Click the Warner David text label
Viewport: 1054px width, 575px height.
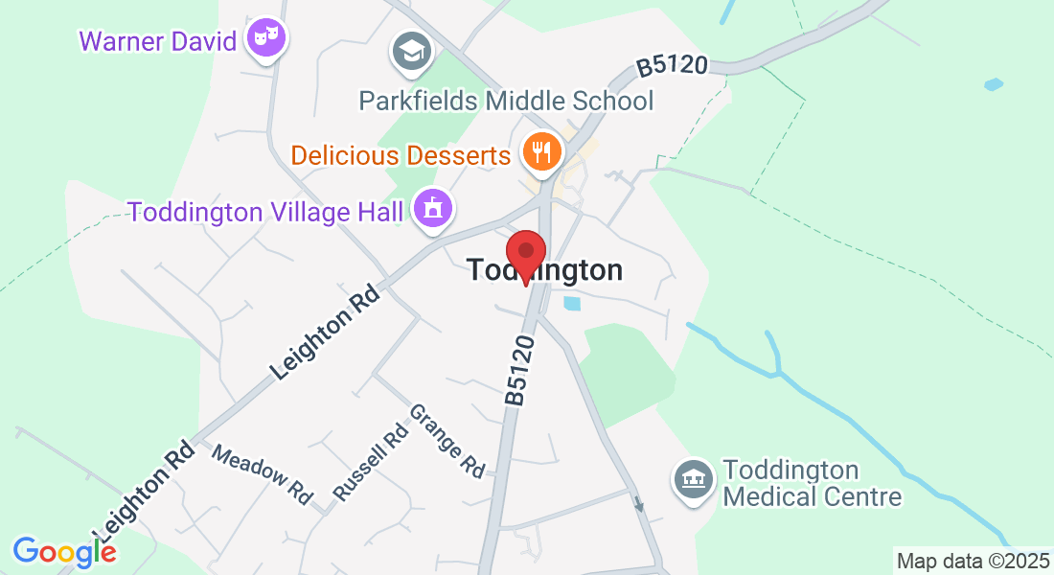(x=158, y=41)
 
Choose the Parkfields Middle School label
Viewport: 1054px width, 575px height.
(x=506, y=101)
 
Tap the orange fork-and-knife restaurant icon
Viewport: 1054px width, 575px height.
(x=541, y=151)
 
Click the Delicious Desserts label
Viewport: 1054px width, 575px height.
(x=401, y=154)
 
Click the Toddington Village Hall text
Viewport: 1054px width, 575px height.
(x=265, y=211)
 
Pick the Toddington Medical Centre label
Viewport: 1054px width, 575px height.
(x=812, y=483)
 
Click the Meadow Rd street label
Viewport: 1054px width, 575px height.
(x=263, y=474)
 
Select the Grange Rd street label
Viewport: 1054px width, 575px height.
(x=447, y=441)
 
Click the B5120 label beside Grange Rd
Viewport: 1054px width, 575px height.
(x=519, y=369)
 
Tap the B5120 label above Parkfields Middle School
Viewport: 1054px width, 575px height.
(x=673, y=66)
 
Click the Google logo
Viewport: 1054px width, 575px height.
(x=64, y=551)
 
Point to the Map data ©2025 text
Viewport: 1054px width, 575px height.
(x=973, y=560)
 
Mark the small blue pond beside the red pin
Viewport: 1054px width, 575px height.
(x=572, y=304)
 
